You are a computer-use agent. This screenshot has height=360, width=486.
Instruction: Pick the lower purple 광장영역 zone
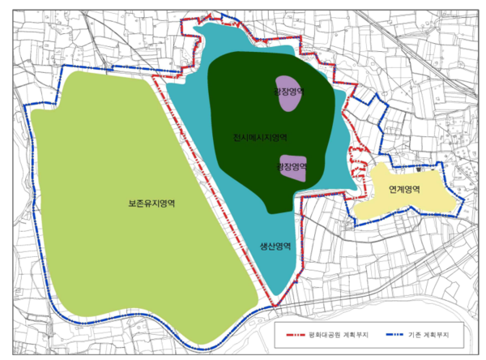click(x=292, y=167)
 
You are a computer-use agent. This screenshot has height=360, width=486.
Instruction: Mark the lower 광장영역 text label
click(x=291, y=165)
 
